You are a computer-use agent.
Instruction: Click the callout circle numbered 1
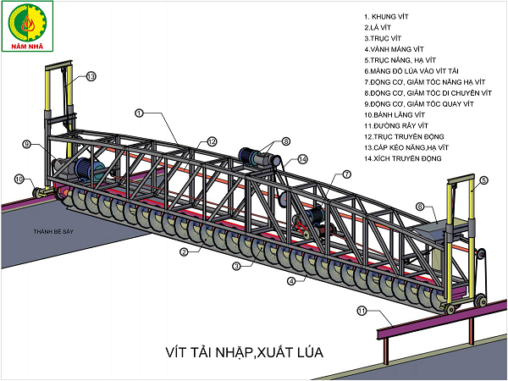point(139,112)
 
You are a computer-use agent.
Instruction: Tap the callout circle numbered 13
point(91,76)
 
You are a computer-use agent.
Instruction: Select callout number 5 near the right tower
point(483,180)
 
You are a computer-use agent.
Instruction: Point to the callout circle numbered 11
point(362,312)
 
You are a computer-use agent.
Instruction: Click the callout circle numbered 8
point(286,141)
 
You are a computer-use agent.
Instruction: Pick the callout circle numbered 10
point(19,179)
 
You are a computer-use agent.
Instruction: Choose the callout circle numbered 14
point(303,159)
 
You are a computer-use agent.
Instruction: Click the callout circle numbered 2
point(183,251)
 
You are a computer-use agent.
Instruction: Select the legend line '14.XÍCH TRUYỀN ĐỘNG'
point(404,159)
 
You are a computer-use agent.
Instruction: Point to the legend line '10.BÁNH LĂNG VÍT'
point(393,113)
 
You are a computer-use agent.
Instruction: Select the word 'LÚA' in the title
point(307,349)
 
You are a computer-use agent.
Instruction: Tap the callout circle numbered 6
point(420,206)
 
